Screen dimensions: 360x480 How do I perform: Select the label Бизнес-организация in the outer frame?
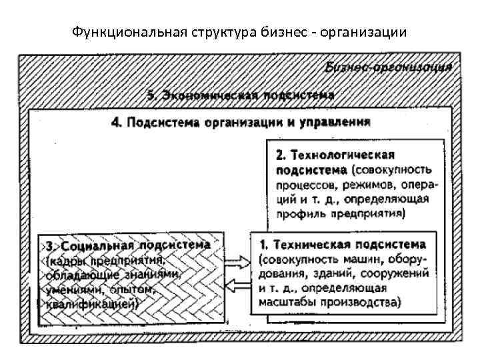pos(389,67)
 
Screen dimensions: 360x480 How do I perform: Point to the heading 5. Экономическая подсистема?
pos(241,95)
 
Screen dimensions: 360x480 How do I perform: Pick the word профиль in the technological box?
pos(298,214)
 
